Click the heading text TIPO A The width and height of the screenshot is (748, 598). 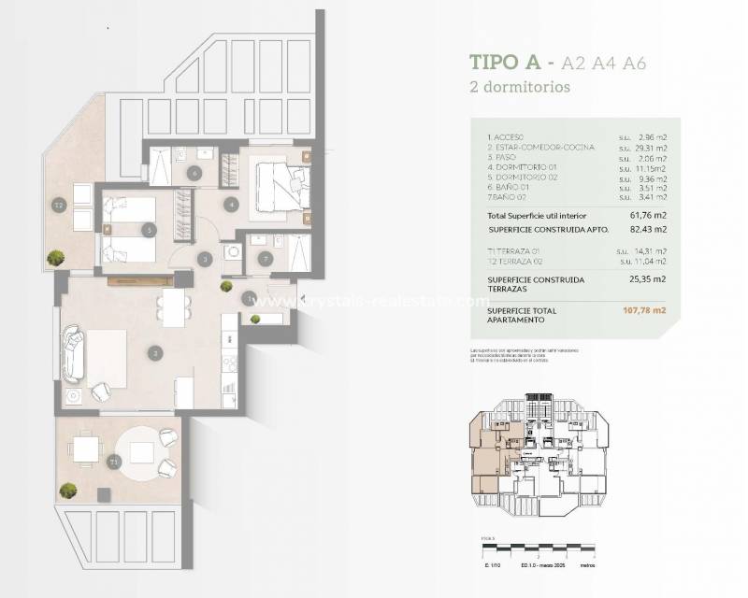click(506, 64)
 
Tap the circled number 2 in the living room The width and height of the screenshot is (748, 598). click(155, 352)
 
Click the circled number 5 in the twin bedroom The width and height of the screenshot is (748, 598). click(148, 229)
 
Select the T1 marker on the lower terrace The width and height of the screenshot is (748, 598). click(114, 462)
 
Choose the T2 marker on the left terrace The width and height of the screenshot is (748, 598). click(58, 206)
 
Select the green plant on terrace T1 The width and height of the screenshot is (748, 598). click(68, 490)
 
